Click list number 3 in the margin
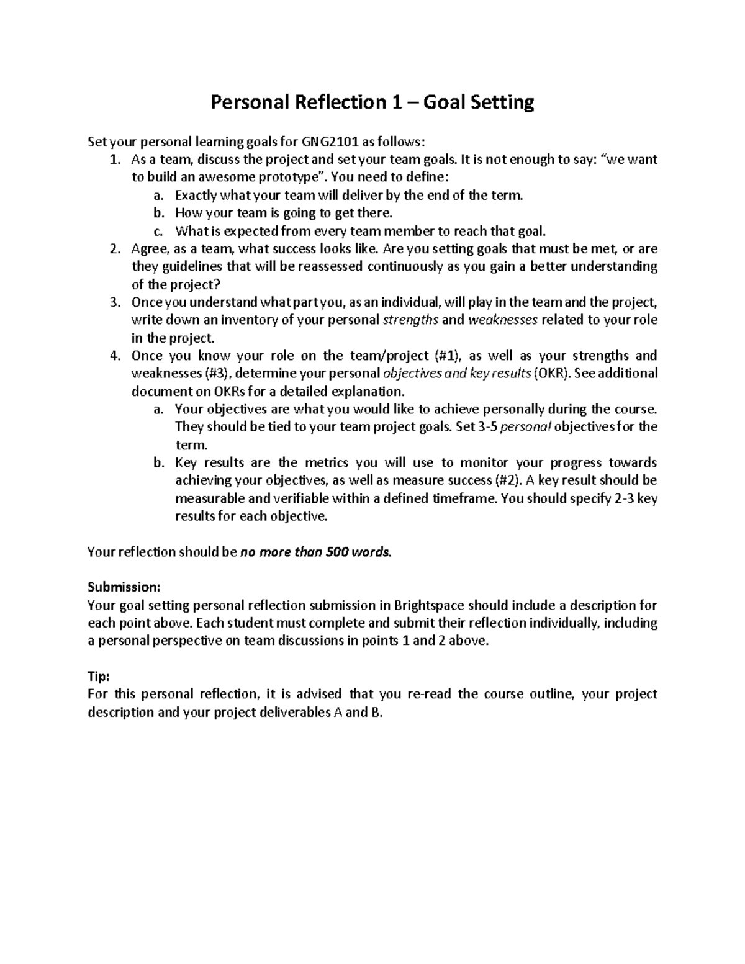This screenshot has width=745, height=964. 114,302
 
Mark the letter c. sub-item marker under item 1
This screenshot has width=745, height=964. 158,232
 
